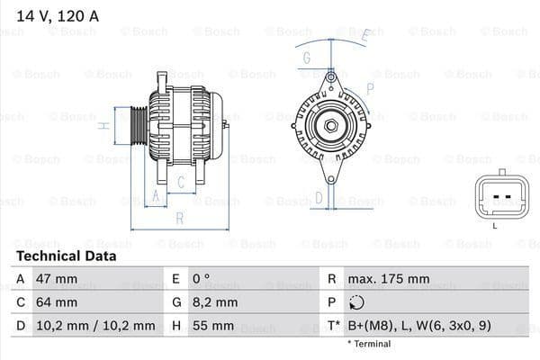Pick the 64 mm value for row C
(55, 302)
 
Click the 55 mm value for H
(211, 325)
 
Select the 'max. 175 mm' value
(388, 279)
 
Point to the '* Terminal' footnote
(369, 344)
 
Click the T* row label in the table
(335, 325)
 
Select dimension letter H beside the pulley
(104, 125)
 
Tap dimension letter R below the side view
(179, 218)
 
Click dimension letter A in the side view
(156, 195)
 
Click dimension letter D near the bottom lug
(318, 197)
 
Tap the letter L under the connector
(494, 226)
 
